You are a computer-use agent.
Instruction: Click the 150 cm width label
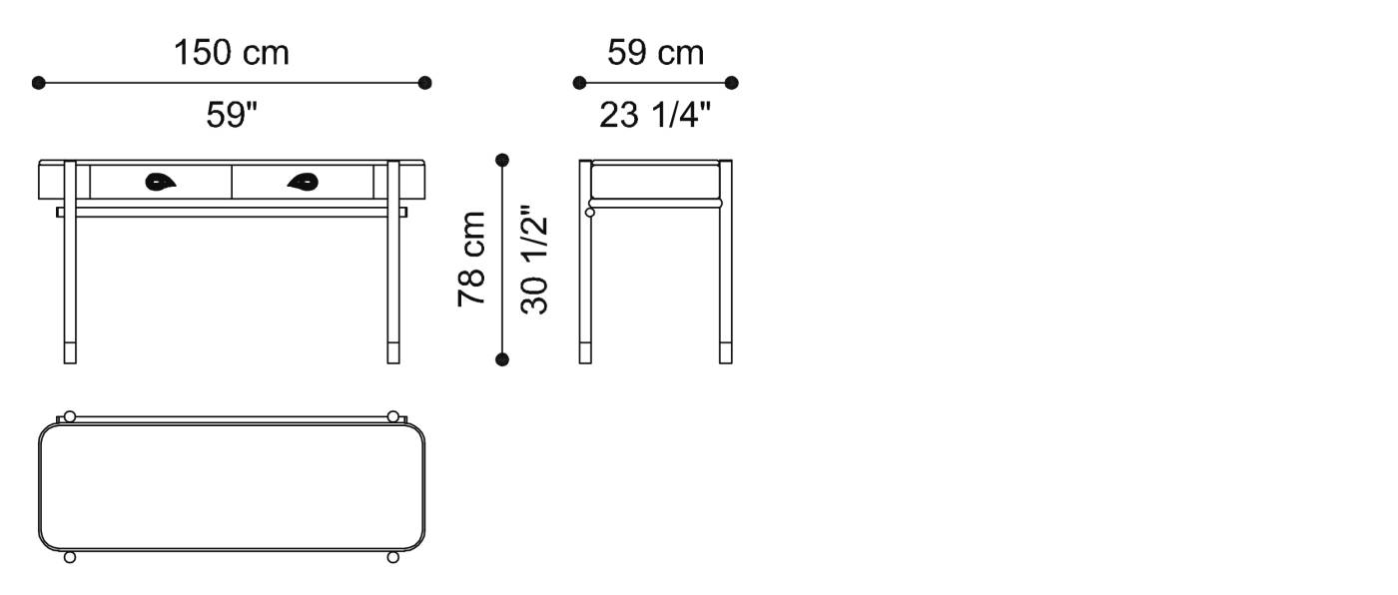(x=232, y=53)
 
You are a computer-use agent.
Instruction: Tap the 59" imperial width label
(x=232, y=116)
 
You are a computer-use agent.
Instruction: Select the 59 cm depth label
(x=655, y=53)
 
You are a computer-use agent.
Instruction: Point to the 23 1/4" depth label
(x=655, y=116)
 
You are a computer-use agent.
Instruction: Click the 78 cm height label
(x=471, y=259)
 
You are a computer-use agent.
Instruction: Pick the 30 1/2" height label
(x=535, y=260)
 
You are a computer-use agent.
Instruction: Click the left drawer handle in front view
(x=160, y=182)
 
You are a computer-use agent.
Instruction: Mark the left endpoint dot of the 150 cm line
(x=39, y=83)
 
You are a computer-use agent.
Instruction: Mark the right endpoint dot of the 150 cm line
(x=425, y=83)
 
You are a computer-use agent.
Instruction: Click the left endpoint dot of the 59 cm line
(x=579, y=83)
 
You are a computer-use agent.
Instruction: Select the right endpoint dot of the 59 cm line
(x=731, y=83)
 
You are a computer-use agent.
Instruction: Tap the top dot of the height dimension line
(x=502, y=160)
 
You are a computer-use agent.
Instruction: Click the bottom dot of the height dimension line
(x=502, y=359)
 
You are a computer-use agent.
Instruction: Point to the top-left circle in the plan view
(x=69, y=416)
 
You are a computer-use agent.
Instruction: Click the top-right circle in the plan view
(x=392, y=416)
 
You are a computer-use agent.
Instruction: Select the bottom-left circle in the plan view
(x=69, y=557)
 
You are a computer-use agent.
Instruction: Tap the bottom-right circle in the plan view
(x=392, y=557)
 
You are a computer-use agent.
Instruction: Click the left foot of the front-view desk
(x=70, y=352)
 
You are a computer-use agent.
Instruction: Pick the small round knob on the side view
(x=589, y=212)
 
